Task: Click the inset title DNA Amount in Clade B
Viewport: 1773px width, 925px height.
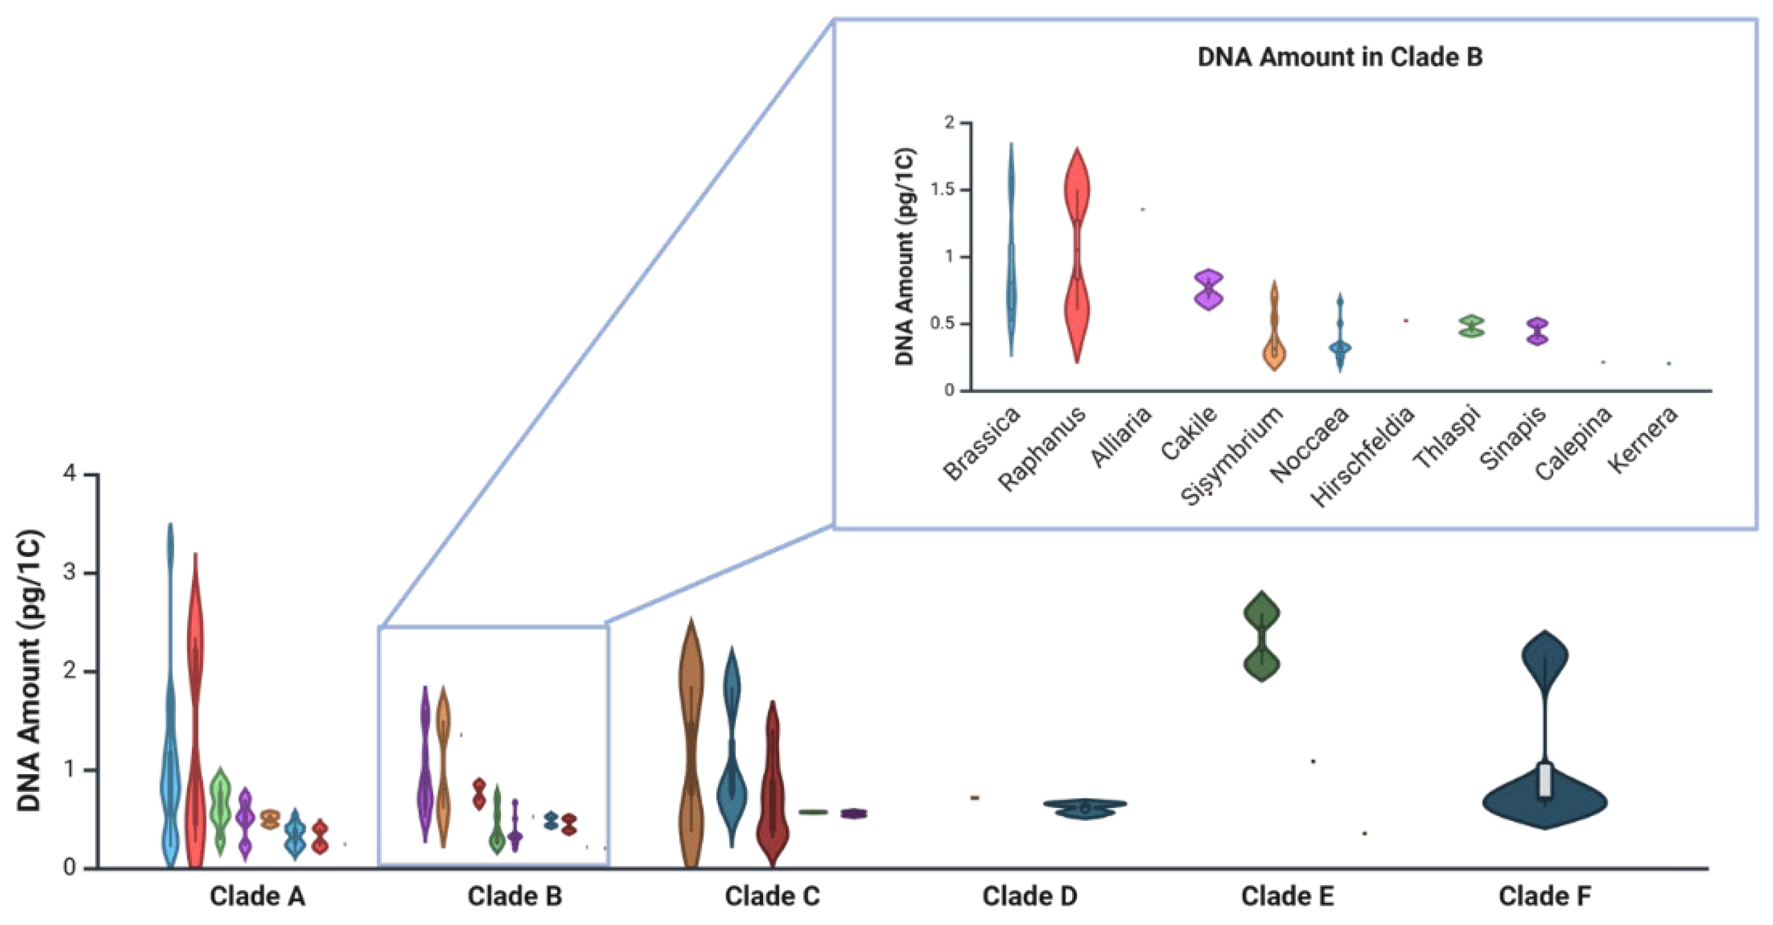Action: pyautogui.click(x=1340, y=57)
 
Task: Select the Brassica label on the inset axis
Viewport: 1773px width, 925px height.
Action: pyautogui.click(x=982, y=443)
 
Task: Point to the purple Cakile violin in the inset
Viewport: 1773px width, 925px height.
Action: pyautogui.click(x=1209, y=290)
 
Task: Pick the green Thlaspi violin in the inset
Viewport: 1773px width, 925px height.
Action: pyautogui.click(x=1472, y=327)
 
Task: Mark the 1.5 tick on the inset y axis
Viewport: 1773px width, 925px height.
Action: pyautogui.click(x=942, y=189)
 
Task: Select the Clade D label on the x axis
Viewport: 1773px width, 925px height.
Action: pyautogui.click(x=1029, y=896)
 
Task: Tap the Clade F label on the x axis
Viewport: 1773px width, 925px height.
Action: pyautogui.click(x=1544, y=896)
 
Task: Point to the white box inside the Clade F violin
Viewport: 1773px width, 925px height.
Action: pyautogui.click(x=1545, y=781)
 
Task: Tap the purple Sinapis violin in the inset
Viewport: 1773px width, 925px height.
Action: pyautogui.click(x=1537, y=331)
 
